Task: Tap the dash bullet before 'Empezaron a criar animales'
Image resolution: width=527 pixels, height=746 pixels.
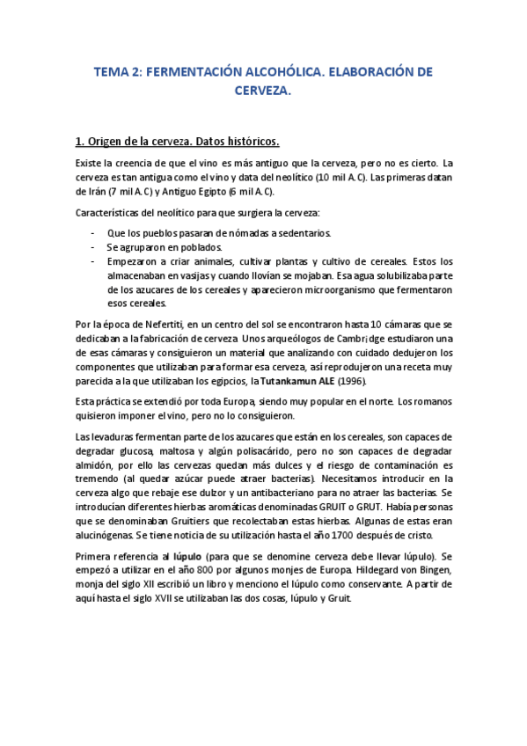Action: click(93, 261)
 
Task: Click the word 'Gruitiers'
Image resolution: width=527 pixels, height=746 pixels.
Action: click(182, 522)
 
